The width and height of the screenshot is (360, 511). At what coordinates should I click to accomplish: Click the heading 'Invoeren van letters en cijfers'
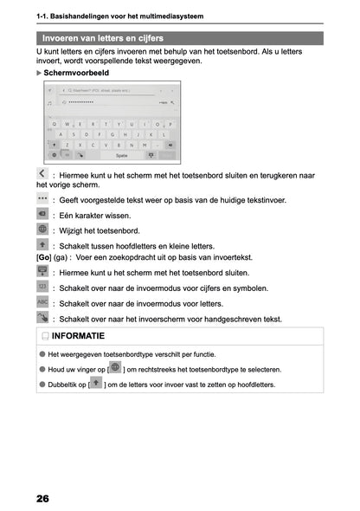pyautogui.click(x=102, y=39)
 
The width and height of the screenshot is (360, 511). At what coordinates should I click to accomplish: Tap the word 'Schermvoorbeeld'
pyautogui.click(x=79, y=74)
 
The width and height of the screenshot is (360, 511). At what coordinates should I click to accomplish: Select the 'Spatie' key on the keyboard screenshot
pyautogui.click(x=121, y=155)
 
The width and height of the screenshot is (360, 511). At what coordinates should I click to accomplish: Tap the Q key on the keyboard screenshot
pyautogui.click(x=55, y=123)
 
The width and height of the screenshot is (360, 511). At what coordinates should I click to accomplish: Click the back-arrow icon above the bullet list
pyautogui.click(x=43, y=174)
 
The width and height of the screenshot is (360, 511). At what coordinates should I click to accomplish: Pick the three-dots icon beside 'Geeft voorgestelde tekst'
pyautogui.click(x=43, y=198)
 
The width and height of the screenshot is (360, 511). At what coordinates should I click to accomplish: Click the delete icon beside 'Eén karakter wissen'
pyautogui.click(x=43, y=214)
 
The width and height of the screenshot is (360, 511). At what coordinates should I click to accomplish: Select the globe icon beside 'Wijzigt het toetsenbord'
pyautogui.click(x=43, y=230)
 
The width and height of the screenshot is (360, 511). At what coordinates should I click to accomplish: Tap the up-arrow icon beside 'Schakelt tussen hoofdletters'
pyautogui.click(x=43, y=245)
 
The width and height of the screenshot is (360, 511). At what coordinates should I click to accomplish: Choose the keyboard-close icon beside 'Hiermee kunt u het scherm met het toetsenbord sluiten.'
pyautogui.click(x=43, y=272)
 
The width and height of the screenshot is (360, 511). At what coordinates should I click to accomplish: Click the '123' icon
pyautogui.click(x=43, y=288)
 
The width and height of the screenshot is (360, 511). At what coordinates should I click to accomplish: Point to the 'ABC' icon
pyautogui.click(x=43, y=303)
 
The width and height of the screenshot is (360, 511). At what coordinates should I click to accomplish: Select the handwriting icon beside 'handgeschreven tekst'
pyautogui.click(x=43, y=318)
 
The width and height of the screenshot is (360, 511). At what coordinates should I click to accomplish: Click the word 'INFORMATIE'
pyautogui.click(x=78, y=336)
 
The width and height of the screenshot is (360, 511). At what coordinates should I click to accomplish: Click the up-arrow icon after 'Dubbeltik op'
pyautogui.click(x=95, y=382)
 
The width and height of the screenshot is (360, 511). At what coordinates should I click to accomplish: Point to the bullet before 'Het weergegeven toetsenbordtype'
pyautogui.click(x=42, y=354)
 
